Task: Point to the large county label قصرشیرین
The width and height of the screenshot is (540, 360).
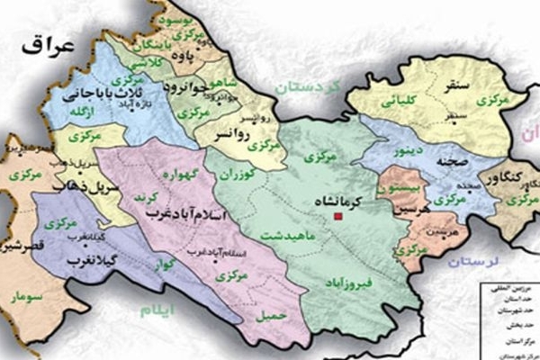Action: (24, 245)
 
